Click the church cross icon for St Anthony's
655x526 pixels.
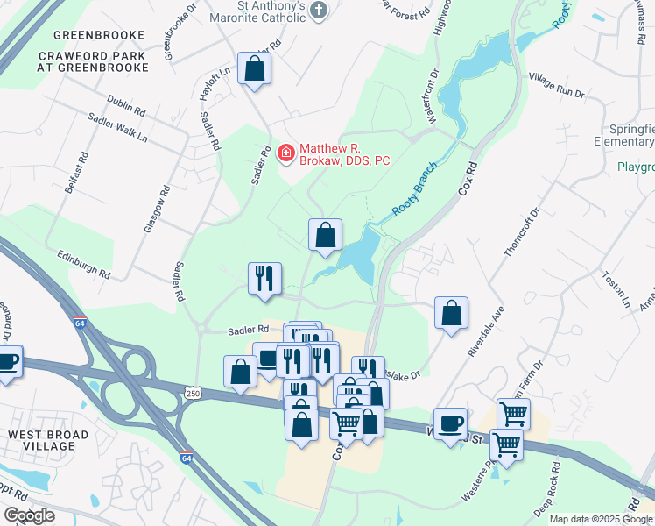coord(320,11)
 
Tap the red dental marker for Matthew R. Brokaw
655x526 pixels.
coord(285,154)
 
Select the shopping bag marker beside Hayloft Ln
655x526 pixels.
coord(254,69)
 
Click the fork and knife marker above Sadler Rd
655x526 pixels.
coord(264,279)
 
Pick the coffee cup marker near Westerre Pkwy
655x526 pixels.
coord(451,424)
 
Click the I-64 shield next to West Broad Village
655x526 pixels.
coord(186,458)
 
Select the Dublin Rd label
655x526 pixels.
coord(127,107)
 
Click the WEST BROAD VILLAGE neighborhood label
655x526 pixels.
coord(48,440)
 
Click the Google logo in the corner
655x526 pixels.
coord(29,515)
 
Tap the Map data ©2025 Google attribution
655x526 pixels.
coord(601,519)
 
